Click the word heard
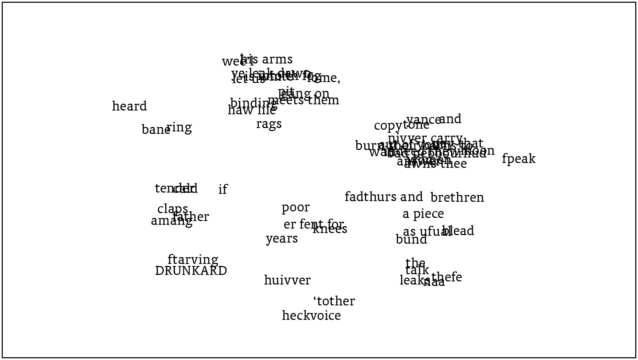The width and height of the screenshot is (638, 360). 129,106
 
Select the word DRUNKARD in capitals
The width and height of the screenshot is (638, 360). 191,271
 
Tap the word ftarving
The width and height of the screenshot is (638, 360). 193,259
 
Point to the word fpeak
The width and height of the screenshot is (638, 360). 519,159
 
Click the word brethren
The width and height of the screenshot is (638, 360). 457,198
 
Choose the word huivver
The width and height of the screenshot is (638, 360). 287,280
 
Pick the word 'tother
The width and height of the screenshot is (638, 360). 334,301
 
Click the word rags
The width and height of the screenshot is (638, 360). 269,124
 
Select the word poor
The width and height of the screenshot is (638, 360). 295,208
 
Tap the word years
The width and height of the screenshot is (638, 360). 282,239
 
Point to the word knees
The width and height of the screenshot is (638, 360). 330,229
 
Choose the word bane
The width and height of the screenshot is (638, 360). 155,130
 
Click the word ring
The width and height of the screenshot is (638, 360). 179,128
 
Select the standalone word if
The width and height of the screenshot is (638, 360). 223,189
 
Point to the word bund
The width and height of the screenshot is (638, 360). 411,240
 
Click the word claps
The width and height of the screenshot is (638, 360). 172,209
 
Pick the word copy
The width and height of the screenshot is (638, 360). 388,126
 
